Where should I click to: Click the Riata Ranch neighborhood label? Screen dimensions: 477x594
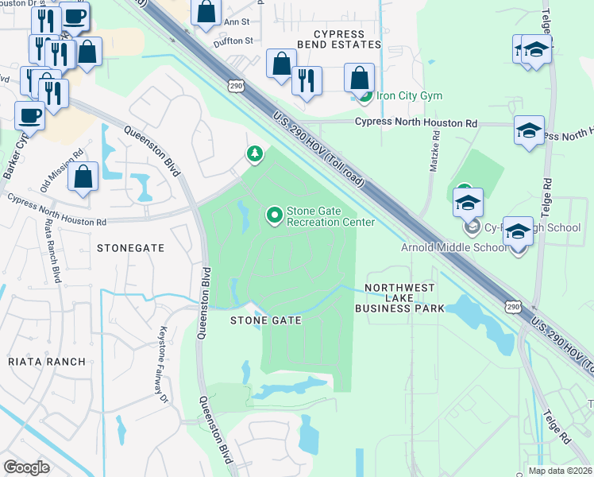46,362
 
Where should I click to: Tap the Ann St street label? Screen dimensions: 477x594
237,22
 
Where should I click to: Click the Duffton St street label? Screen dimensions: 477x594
232,41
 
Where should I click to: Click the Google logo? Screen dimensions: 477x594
27,467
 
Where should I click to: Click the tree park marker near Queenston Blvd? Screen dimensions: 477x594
255,153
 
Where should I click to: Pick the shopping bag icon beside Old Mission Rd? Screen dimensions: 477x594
83,176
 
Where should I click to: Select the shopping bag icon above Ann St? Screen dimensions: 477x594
206,11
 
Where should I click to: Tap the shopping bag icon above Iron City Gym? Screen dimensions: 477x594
360,77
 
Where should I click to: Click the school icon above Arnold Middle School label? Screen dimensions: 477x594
518,231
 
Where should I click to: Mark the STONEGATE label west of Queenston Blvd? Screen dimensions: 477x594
130,248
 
